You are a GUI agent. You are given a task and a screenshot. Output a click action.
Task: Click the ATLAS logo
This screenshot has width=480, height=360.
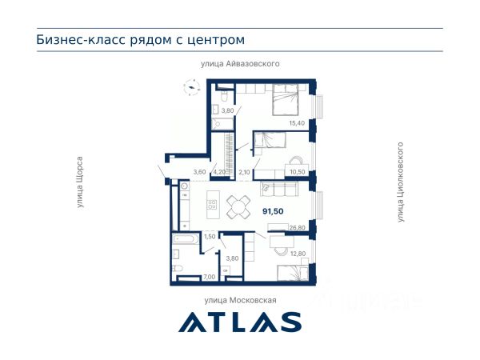[240, 322]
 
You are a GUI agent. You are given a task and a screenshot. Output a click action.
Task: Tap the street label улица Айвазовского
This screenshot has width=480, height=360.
[240, 64]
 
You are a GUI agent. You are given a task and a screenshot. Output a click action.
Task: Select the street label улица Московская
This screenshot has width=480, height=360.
[240, 300]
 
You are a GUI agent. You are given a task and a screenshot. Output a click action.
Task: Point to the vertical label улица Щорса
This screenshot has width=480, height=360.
[80, 182]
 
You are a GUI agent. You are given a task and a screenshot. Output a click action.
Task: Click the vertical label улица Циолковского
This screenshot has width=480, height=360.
[401, 182]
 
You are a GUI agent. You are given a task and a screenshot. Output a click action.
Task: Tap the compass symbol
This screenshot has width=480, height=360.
[192, 87]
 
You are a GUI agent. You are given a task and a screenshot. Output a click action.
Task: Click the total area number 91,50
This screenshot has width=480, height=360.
[273, 211]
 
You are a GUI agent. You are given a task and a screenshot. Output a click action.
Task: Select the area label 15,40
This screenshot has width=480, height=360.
[297, 123]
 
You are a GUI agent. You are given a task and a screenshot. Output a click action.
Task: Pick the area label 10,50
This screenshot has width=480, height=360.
[298, 172]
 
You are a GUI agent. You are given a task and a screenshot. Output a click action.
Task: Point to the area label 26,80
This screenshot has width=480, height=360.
[298, 228]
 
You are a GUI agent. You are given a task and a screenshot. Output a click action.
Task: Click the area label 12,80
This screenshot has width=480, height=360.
[298, 254]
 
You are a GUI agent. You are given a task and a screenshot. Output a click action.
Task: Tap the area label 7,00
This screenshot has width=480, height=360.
[210, 277]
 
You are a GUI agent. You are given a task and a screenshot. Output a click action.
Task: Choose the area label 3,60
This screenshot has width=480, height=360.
[199, 172]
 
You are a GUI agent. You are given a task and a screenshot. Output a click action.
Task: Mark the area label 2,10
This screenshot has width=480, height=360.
[244, 172]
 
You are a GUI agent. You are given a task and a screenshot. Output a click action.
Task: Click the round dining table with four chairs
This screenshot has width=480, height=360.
[238, 207]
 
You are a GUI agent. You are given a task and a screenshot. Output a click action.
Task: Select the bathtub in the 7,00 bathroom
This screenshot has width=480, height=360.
[186, 238]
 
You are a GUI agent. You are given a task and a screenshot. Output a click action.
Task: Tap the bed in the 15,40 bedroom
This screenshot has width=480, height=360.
[286, 99]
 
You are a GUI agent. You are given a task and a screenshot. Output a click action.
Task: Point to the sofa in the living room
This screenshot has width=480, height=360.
[279, 189]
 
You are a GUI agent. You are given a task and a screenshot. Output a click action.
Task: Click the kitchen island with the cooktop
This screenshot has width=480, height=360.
[213, 205]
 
